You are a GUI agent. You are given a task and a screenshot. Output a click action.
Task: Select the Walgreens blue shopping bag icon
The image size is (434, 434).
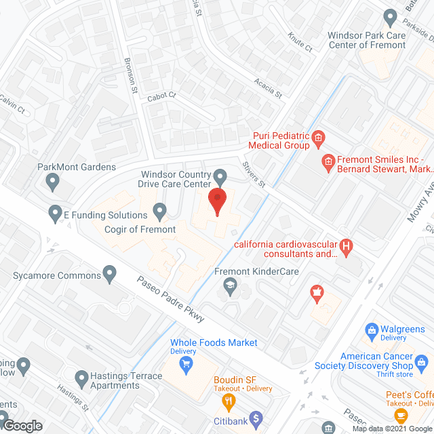point(371,332)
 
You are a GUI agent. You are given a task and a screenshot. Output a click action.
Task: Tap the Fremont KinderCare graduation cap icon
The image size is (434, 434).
point(230,288)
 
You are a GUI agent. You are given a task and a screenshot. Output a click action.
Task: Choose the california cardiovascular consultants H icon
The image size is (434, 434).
point(347,246)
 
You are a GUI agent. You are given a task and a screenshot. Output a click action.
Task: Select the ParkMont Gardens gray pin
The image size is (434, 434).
point(52,181)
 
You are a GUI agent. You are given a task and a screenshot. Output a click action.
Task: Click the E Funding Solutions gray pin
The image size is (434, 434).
point(55,214)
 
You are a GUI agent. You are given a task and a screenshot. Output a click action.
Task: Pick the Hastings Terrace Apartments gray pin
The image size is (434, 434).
point(82,376)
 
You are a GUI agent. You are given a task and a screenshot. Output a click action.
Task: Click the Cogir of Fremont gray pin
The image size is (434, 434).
point(159,212)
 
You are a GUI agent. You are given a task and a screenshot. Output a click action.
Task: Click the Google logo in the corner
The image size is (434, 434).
point(22,425)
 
